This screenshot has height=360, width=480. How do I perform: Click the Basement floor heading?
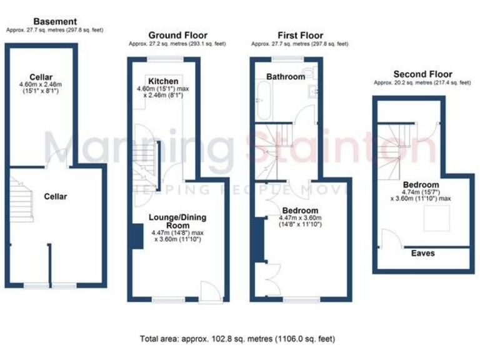pos(56,22)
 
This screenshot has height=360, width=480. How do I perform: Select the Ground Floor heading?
pos(177,36)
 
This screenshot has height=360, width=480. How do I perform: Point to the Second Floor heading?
pos(422,74)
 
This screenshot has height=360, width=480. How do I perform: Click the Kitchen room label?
pos(163,81)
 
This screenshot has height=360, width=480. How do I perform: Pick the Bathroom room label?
pos(286,77)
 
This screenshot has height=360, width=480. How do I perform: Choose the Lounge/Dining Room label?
pos(177,221)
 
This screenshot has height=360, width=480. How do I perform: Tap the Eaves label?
pos(423,253)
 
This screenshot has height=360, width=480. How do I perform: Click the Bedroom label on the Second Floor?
pos(420,185)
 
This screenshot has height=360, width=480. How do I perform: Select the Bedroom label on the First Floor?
pos(300,210)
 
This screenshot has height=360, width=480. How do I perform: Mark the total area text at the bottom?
pos(237,339)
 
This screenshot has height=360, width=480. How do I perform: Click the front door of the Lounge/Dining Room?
pos(208,291)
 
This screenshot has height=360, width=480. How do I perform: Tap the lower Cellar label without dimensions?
pos(55,196)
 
